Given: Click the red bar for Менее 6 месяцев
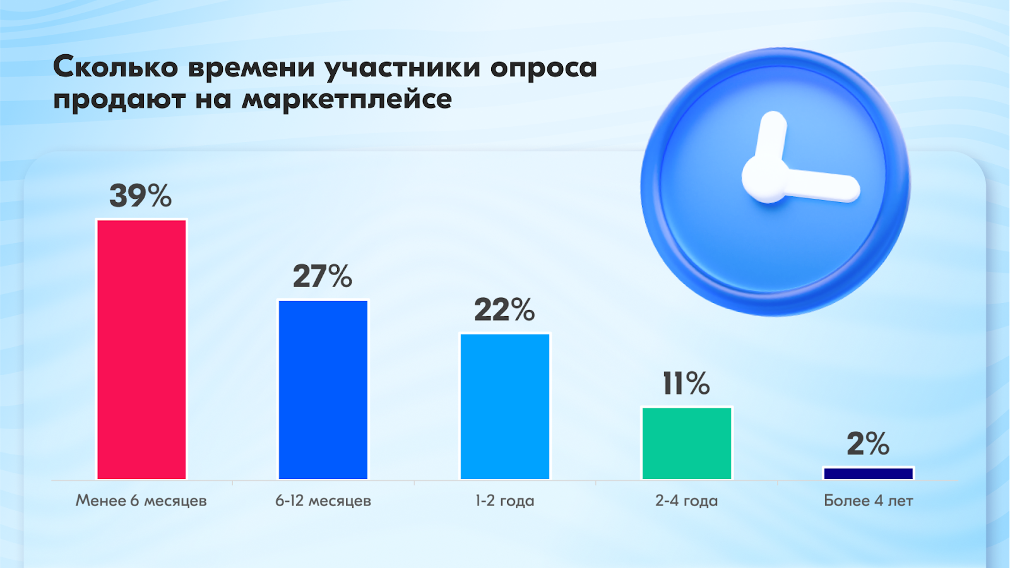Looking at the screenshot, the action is pyautogui.click(x=141, y=350).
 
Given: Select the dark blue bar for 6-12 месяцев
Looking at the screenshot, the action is pyautogui.click(x=323, y=389).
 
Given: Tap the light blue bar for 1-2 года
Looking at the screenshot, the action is pyautogui.click(x=505, y=406).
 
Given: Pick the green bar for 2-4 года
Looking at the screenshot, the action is pyautogui.click(x=687, y=443).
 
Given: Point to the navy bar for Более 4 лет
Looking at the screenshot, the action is pyautogui.click(x=869, y=473).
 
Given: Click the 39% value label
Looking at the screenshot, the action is pyautogui.click(x=141, y=196).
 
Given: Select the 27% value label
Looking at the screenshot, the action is pyautogui.click(x=323, y=276).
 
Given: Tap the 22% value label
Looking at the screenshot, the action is pyautogui.click(x=504, y=310).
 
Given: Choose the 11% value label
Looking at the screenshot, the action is pyautogui.click(x=686, y=384).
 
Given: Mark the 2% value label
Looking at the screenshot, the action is pyautogui.click(x=868, y=444).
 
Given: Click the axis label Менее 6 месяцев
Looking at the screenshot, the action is pyautogui.click(x=141, y=501).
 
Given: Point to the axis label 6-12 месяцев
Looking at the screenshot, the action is pyautogui.click(x=323, y=501).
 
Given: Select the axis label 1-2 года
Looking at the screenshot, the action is pyautogui.click(x=504, y=501).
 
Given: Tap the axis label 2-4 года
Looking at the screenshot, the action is pyautogui.click(x=686, y=501).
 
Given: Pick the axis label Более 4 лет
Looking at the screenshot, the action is pyautogui.click(x=869, y=501).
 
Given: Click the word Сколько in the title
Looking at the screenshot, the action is pyautogui.click(x=116, y=67).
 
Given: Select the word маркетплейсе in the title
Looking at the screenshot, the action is pyautogui.click(x=347, y=99).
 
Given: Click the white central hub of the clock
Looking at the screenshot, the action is pyautogui.click(x=765, y=179).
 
